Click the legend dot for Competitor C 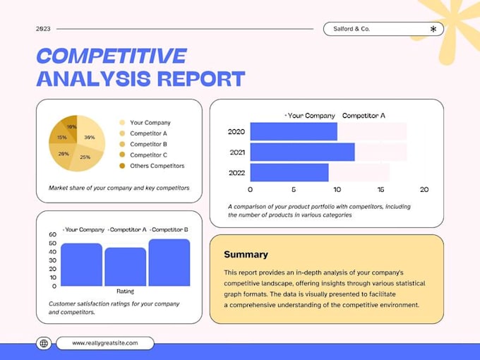point(122,155)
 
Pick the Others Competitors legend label point(157,166)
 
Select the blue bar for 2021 point(302,152)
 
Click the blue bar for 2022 point(289,173)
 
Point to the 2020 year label point(236,131)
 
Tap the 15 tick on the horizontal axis point(380,190)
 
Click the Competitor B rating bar point(169,263)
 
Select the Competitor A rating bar point(126,267)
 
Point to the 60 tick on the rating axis point(53,234)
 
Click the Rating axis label point(125,291)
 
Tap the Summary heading point(246,254)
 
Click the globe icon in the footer point(44,343)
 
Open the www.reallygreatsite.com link point(105,343)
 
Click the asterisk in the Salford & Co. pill point(433,29)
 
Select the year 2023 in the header point(43,29)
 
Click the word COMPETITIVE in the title point(112,56)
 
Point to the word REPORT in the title point(201,78)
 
